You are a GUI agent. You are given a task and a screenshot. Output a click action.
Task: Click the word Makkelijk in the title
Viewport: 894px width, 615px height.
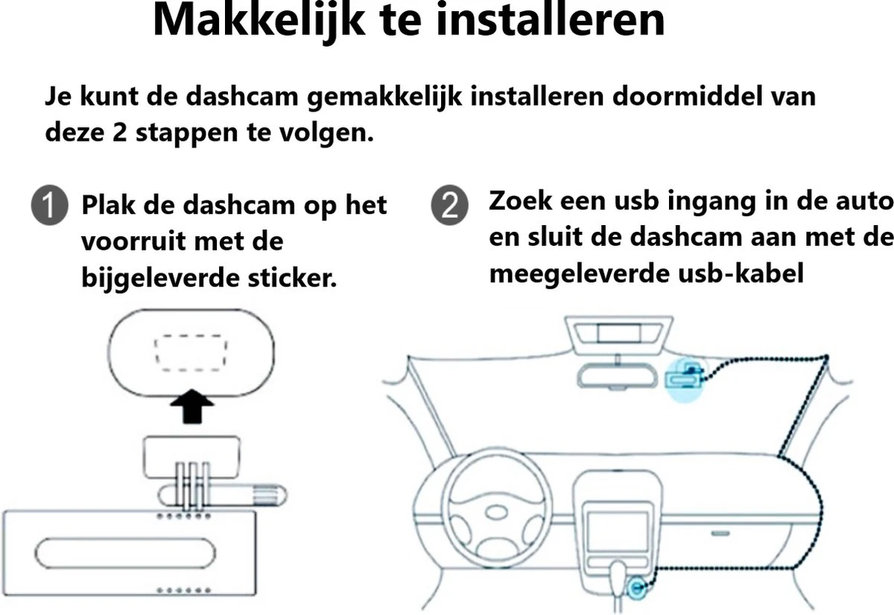pos(259,20)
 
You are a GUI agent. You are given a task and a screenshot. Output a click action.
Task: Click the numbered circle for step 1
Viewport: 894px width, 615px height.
pos(50,205)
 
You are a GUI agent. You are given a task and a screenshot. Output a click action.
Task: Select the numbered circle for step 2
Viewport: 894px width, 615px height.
pos(450,205)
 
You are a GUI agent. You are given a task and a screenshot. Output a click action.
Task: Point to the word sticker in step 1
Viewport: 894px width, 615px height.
pos(292,277)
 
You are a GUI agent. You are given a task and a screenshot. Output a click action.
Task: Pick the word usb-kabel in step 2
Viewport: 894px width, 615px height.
pos(741,274)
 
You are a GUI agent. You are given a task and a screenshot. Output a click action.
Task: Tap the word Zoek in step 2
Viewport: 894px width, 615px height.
pos(521,201)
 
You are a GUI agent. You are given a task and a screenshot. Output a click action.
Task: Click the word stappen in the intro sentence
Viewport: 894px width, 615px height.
pos(187,133)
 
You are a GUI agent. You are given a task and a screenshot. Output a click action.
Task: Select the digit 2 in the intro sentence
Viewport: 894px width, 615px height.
pos(119,132)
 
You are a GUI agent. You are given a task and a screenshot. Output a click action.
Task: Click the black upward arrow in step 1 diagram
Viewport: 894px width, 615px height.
pos(192,406)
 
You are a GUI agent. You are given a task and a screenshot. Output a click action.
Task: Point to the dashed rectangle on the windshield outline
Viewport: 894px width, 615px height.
pos(191,353)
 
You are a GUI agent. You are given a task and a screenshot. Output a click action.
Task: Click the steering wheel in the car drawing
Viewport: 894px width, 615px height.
pos(497,507)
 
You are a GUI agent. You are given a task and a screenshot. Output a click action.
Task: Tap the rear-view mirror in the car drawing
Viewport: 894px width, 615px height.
pos(617,376)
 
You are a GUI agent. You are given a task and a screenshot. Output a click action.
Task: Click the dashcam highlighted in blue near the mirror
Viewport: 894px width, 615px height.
pos(684,379)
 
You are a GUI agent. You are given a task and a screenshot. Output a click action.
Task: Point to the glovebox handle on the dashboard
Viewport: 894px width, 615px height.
pos(720,533)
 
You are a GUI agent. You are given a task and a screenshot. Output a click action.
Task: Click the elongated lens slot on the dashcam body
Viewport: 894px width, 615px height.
pos(125,553)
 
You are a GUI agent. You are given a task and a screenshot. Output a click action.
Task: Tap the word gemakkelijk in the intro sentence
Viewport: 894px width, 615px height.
pos(384,97)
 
